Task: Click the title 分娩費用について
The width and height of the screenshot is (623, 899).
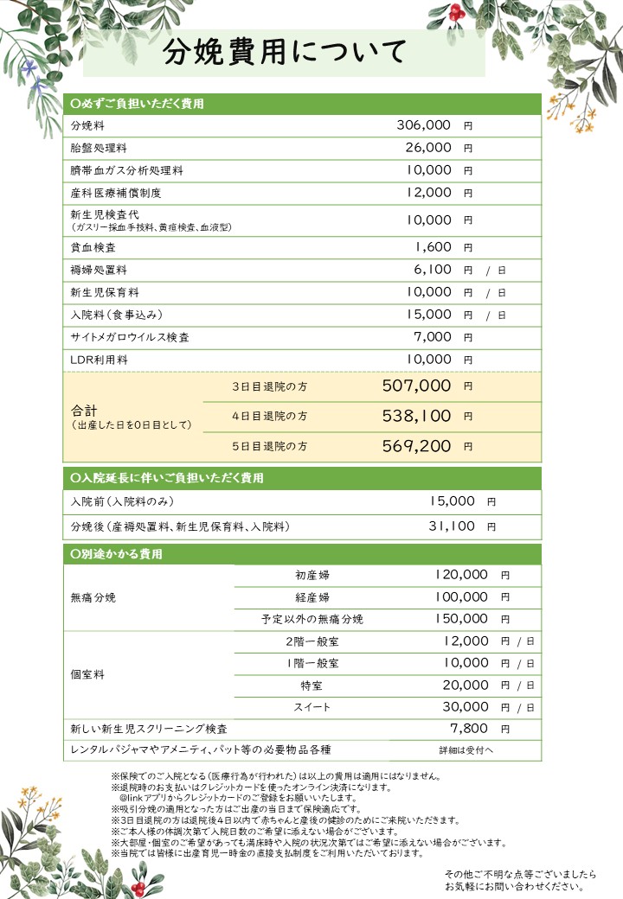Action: click(x=285, y=54)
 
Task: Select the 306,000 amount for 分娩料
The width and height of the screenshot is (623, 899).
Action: click(x=424, y=125)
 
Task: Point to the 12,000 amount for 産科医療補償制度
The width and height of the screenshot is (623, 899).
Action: click(x=428, y=193)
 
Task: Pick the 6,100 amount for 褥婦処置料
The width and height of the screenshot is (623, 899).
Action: click(x=433, y=270)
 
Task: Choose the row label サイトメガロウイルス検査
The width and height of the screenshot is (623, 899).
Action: click(x=130, y=337)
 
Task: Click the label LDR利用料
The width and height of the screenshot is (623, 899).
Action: click(x=99, y=360)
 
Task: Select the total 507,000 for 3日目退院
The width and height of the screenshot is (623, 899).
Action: click(x=416, y=386)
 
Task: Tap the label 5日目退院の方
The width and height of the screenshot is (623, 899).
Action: click(x=269, y=446)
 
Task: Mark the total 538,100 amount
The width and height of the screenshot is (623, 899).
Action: click(x=416, y=417)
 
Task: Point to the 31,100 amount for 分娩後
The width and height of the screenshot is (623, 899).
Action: click(x=452, y=526)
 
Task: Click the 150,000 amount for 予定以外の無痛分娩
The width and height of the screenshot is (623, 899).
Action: click(x=461, y=619)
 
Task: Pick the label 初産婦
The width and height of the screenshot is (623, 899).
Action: click(x=311, y=575)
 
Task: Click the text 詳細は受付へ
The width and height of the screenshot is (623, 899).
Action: click(x=466, y=750)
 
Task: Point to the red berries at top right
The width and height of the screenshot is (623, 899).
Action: click(x=456, y=12)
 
